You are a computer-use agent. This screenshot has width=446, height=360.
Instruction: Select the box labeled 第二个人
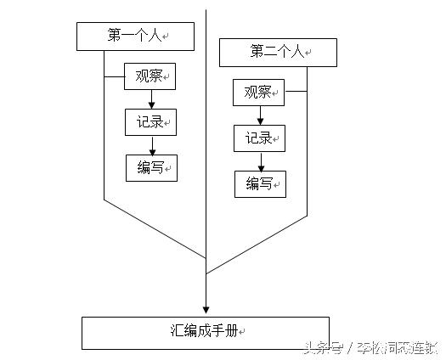[x=278, y=53]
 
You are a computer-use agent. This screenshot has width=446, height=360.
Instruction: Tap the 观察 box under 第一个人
[x=150, y=77]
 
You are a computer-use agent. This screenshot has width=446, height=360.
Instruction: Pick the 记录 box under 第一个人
[x=150, y=122]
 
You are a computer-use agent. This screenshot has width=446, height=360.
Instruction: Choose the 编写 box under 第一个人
[x=150, y=168]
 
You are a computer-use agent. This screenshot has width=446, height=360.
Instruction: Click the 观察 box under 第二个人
[x=259, y=93]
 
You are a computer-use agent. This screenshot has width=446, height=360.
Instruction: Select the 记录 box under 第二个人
[x=259, y=138]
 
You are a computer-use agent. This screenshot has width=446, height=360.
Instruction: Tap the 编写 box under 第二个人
[x=260, y=183]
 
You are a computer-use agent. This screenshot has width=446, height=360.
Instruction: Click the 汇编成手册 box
[x=205, y=332]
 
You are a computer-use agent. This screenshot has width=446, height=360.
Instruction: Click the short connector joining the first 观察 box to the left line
[x=114, y=77]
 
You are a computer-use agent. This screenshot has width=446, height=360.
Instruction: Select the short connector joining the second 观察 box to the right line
[x=295, y=93]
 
